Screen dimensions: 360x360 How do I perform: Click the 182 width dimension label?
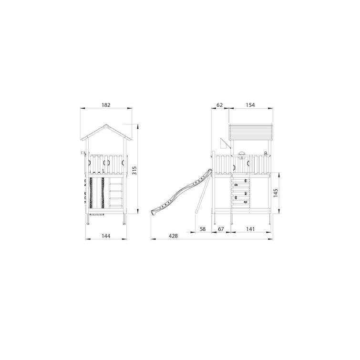pyautogui.click(x=106, y=105)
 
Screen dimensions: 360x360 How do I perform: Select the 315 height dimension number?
pyautogui.click(x=134, y=170)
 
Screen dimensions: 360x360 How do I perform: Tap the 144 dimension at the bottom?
pyautogui.click(x=106, y=236)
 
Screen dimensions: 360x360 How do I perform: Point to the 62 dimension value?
pyautogui.click(x=220, y=105)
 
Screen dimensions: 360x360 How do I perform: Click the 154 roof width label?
pyautogui.click(x=250, y=105)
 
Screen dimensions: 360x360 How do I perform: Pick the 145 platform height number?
pyautogui.click(x=276, y=193)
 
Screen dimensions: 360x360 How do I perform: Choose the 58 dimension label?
pyautogui.click(x=203, y=229)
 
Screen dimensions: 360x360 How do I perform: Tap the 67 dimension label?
pyautogui.click(x=221, y=229)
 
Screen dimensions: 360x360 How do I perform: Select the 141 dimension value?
pyautogui.click(x=250, y=229)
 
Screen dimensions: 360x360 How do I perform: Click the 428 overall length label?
pyautogui.click(x=173, y=236)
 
